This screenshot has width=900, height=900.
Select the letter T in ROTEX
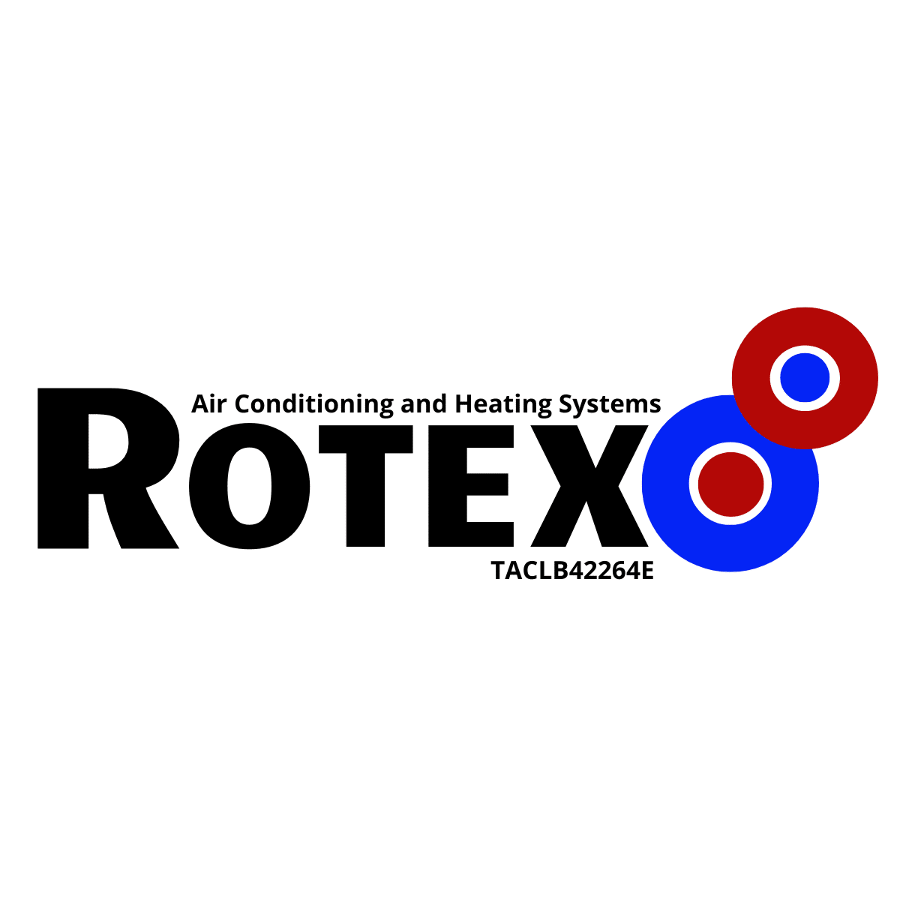(x=366, y=486)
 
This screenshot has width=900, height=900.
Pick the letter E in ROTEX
(x=471, y=486)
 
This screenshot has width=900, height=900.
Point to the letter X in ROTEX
(x=589, y=486)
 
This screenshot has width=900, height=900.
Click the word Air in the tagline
(x=208, y=404)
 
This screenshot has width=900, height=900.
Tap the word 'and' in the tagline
(x=424, y=404)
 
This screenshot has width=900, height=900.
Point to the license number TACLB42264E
(x=572, y=570)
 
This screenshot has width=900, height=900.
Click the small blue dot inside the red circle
(x=805, y=377)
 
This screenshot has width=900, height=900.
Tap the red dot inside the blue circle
(x=730, y=484)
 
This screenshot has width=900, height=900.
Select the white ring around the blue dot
(x=805, y=349)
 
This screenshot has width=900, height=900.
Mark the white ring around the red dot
(x=730, y=447)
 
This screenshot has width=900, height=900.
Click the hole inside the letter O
(x=250, y=486)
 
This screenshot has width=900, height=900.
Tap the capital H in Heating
(x=464, y=404)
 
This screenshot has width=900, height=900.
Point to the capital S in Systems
(x=567, y=404)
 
